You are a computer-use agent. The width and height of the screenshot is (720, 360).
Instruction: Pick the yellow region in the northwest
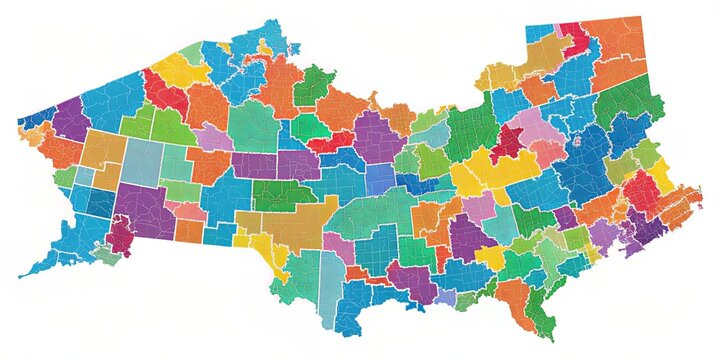pos(180,70)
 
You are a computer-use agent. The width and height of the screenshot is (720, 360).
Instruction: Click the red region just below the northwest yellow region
pos(166,96)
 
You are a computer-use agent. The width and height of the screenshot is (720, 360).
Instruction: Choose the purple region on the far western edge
pos(70,121)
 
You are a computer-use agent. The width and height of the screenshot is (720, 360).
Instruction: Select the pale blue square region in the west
pos(142,160)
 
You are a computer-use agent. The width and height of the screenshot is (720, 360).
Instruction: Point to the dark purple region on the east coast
pos(650,230)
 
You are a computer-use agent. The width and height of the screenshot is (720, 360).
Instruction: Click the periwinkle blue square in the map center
pos(380,179)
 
